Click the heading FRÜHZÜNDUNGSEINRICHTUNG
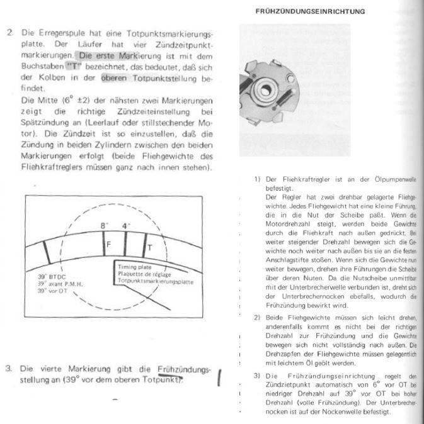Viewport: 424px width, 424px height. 309,11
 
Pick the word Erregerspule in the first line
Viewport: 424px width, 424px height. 60,31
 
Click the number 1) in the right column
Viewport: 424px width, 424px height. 257,179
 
